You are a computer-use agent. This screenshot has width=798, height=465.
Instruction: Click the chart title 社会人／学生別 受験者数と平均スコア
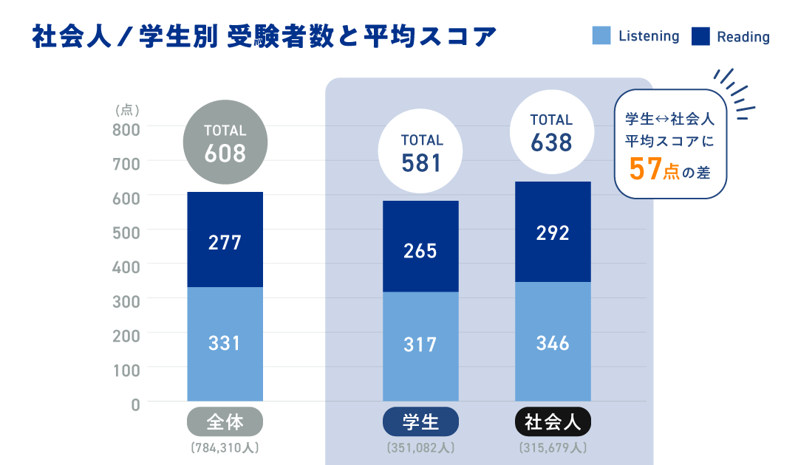click(x=265, y=37)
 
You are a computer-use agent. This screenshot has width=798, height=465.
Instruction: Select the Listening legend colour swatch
click(x=601, y=35)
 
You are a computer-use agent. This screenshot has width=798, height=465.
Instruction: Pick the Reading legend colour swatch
click(x=700, y=35)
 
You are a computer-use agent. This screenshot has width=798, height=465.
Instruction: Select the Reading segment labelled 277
click(x=225, y=240)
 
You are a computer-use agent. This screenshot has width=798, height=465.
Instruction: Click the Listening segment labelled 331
click(x=225, y=344)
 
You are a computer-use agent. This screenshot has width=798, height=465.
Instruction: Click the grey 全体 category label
click(x=225, y=422)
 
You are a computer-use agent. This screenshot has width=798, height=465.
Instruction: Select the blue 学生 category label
click(x=420, y=422)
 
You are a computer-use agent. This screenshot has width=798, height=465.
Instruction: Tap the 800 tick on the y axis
click(x=126, y=129)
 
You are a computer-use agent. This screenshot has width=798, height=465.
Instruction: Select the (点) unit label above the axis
click(x=127, y=110)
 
